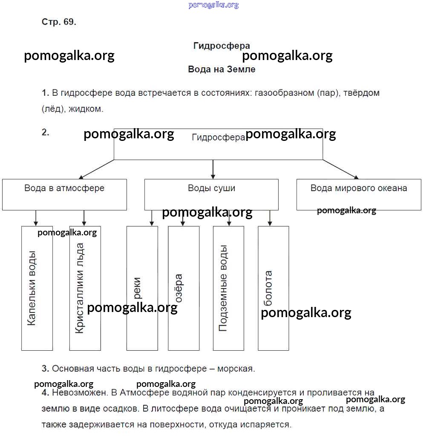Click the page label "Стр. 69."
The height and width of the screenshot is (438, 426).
pyautogui.click(x=59, y=23)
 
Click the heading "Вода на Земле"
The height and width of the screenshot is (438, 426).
pyautogui.click(x=222, y=69)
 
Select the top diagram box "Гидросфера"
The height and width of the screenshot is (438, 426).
pyautogui.click(x=218, y=144)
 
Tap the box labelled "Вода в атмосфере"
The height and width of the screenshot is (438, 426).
pyautogui.click(x=64, y=194)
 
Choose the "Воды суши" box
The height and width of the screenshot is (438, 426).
pyautogui.click(x=211, y=194)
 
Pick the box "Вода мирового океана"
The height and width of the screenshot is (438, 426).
pyautogui.click(x=359, y=194)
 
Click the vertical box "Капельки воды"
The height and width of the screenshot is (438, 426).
pyautogui.click(x=37, y=288)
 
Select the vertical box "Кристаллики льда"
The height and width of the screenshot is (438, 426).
pyautogui.click(x=85, y=288)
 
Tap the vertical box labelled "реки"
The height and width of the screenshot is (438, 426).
pyautogui.click(x=142, y=288)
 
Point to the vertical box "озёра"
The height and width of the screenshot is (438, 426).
pyautogui.click(x=184, y=288)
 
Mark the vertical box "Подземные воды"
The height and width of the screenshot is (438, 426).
pyautogui.click(x=228, y=288)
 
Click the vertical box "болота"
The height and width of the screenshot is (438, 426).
pyautogui.click(x=273, y=288)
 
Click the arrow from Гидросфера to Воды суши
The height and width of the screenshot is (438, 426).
pyautogui.click(x=213, y=169)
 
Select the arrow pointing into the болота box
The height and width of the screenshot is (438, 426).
pyautogui.click(x=269, y=218)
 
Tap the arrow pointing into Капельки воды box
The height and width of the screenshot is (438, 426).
pyautogui.click(x=36, y=218)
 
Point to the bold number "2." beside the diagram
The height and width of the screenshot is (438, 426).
pyautogui.click(x=46, y=132)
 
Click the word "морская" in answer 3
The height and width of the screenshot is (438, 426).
pyautogui.click(x=236, y=369)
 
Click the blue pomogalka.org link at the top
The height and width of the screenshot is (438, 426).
pyautogui.click(x=213, y=5)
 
